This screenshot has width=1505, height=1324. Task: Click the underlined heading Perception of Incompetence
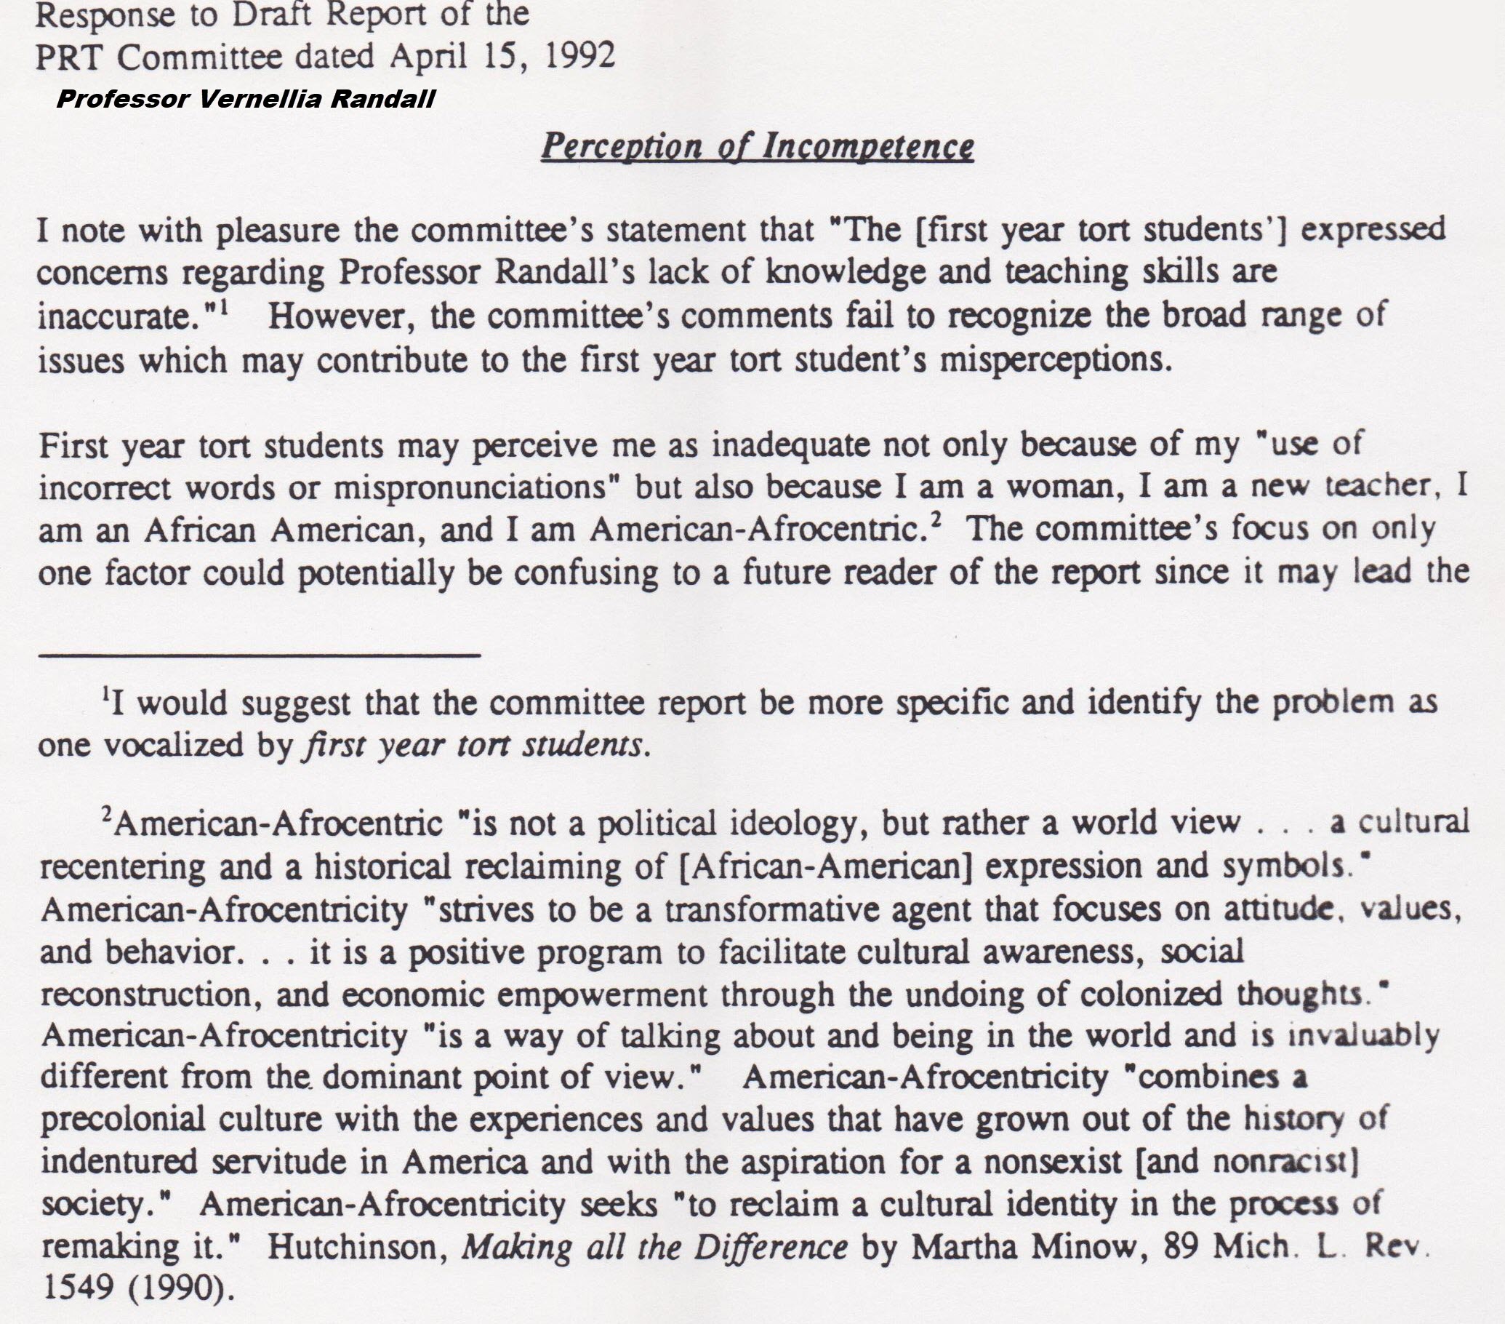coord(757,147)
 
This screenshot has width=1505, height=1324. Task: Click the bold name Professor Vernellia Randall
coord(245,99)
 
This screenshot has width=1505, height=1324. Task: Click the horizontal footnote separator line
coord(258,654)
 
